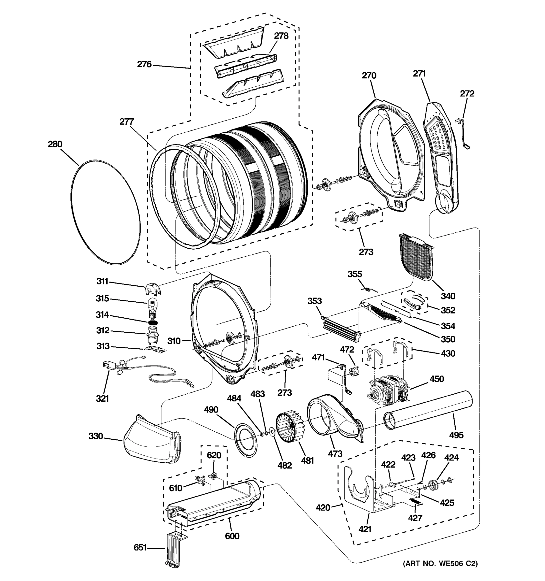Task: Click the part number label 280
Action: pos(55,144)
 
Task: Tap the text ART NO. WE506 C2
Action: pos(440,571)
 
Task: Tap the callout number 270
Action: pos(369,75)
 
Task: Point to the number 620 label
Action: pos(214,455)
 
